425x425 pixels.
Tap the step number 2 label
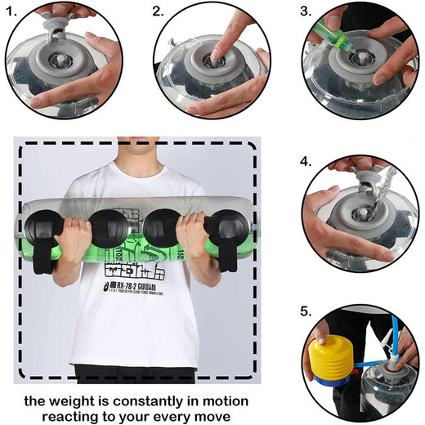tap(158, 12)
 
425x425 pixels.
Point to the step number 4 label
tap(306, 162)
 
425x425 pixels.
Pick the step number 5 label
tap(306, 311)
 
